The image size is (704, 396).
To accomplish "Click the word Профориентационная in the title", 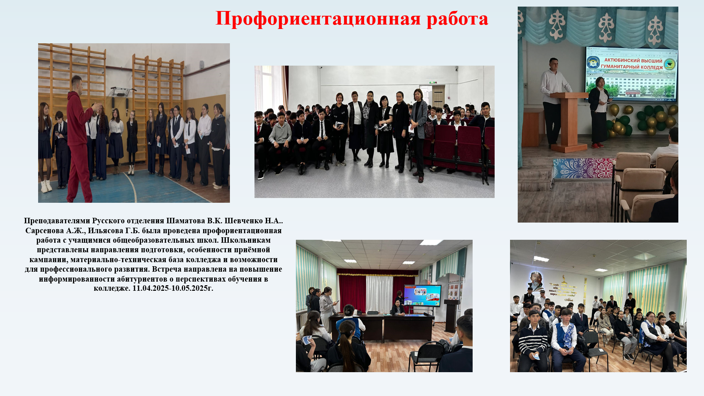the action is click(x=318, y=18).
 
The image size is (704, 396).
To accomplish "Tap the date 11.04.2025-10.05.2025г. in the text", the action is click(x=173, y=288).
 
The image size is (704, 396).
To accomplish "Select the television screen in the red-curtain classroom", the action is click(x=422, y=295).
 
